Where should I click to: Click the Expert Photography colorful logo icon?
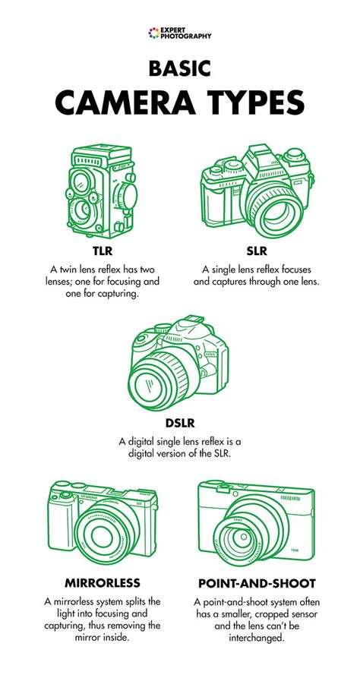pyautogui.click(x=154, y=33)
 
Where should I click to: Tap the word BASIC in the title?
pyautogui.click(x=180, y=69)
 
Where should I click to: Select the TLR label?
pyautogui.click(x=103, y=251)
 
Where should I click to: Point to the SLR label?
pyautogui.click(x=256, y=251)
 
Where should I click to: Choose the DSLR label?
pyautogui.click(x=180, y=423)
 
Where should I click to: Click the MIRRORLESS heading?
pyautogui.click(x=103, y=583)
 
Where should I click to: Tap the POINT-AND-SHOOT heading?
pyautogui.click(x=257, y=583)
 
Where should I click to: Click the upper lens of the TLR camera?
pyautogui.click(x=81, y=182)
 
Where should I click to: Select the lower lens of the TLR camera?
pyautogui.click(x=81, y=210)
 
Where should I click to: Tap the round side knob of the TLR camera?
pyautogui.click(x=128, y=196)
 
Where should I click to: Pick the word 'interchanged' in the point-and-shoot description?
pyautogui.click(x=256, y=638)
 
